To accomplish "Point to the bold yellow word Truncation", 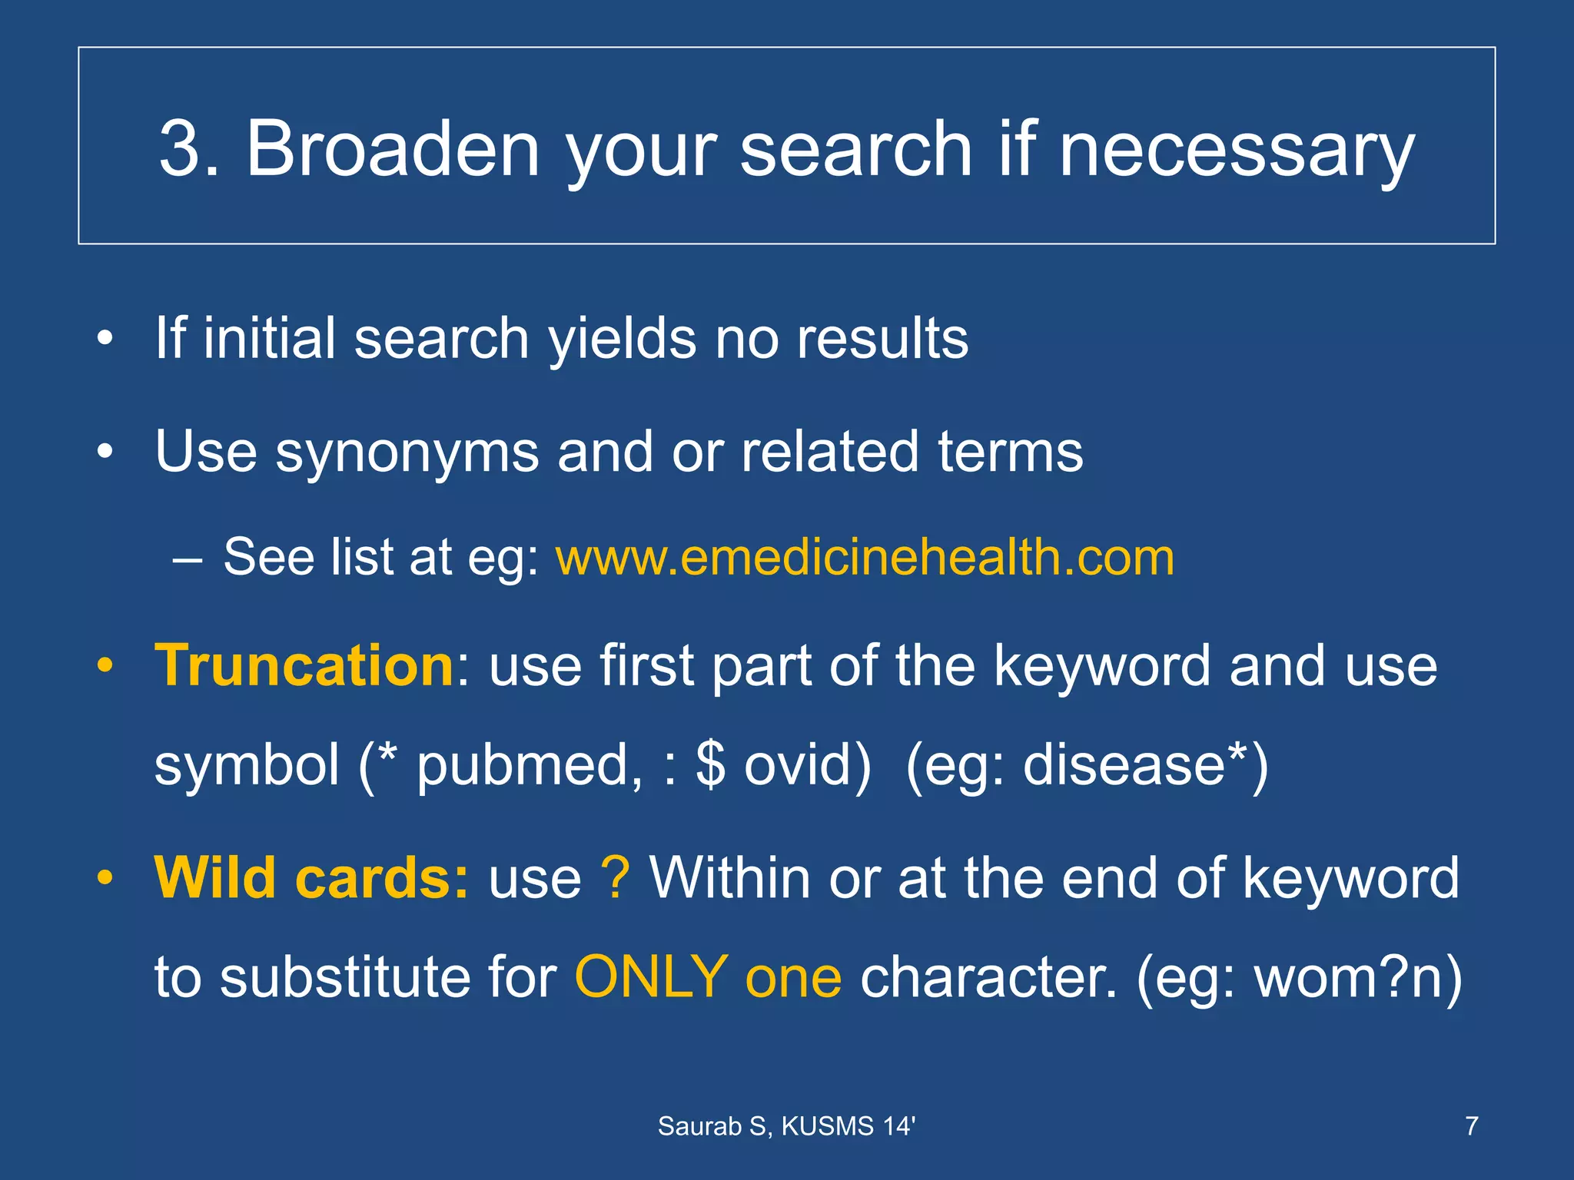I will click(304, 665).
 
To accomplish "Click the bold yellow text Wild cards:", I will click(310, 877).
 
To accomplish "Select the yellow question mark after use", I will click(616, 877).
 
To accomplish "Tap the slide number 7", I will click(1472, 1126).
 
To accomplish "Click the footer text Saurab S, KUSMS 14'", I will click(786, 1126).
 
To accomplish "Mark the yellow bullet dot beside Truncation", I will click(105, 665).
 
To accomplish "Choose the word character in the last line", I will click(988, 977).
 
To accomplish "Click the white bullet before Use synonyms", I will click(105, 451).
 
